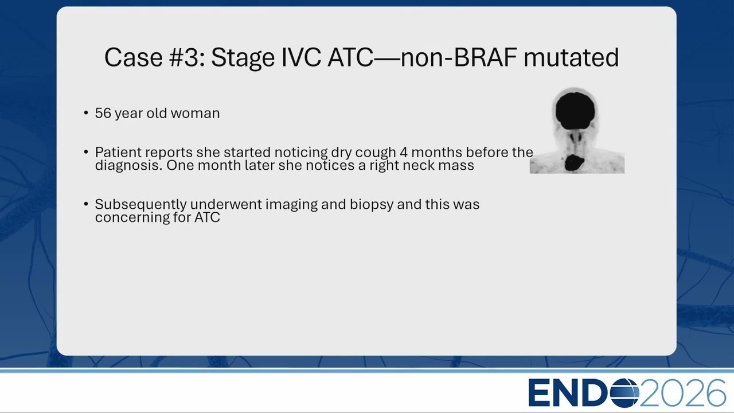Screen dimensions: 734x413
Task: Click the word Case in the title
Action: coord(134,57)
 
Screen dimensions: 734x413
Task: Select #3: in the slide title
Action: coord(187,57)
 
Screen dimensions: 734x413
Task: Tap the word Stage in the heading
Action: coord(243,59)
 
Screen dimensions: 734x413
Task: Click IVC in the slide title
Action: coord(301,57)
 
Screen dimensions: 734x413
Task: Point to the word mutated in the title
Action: coord(571,57)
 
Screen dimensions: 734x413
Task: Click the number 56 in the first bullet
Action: coord(103,113)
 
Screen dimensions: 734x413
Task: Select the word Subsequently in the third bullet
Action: coord(140,205)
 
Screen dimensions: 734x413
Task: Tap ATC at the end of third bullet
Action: coord(207,217)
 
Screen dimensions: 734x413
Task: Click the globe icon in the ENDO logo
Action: coord(624,393)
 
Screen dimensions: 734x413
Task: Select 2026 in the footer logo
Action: coord(682,393)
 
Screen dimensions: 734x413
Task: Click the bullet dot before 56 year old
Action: coord(86,113)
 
